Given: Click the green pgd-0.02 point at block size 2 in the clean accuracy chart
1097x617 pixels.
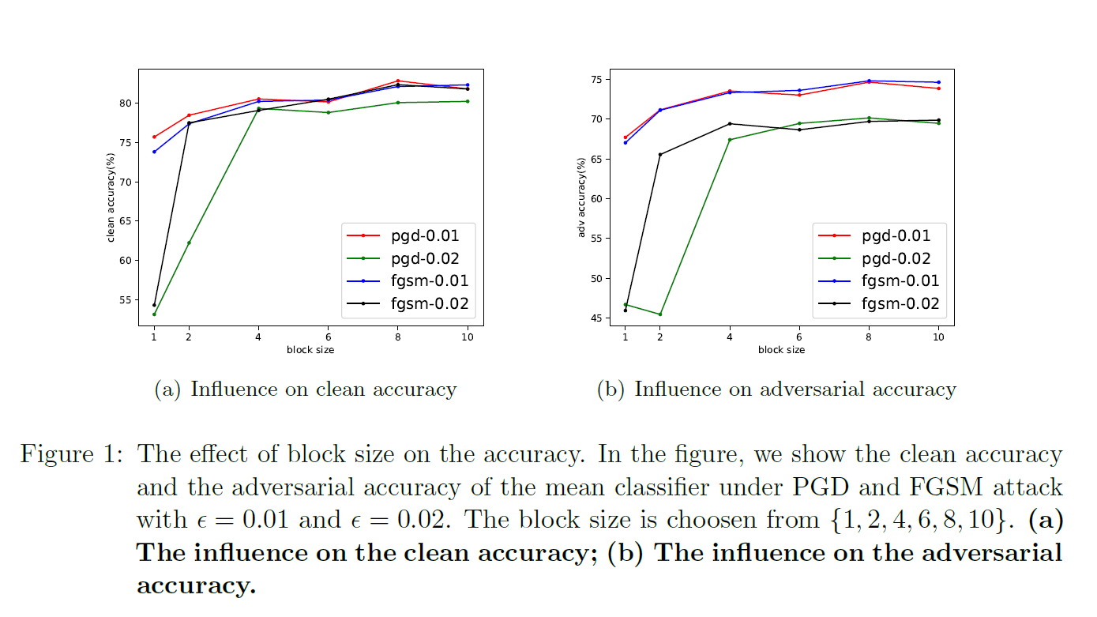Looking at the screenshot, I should [x=189, y=243].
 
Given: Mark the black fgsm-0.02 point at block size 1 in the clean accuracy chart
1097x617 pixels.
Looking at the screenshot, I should [x=154, y=305].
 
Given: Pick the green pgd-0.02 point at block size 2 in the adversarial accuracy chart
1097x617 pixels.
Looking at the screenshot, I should [x=659, y=314].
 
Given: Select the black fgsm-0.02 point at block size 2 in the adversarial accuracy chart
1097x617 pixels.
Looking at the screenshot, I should [x=659, y=154].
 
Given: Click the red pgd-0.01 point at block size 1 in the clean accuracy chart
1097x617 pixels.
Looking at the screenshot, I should [x=154, y=137].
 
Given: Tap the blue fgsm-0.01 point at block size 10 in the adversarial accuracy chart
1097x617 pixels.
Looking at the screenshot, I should [x=938, y=82].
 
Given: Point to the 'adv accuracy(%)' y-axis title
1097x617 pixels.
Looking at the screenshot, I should [x=582, y=198].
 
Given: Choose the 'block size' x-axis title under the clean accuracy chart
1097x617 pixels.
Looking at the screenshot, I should [x=310, y=350].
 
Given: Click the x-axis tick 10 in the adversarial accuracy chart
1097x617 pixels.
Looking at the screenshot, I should [x=938, y=337].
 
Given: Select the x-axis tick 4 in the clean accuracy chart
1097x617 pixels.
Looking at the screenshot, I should [x=258, y=337].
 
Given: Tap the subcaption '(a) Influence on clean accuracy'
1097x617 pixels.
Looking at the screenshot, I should [x=305, y=389].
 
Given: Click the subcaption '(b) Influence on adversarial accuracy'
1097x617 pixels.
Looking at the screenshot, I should [x=776, y=389].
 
